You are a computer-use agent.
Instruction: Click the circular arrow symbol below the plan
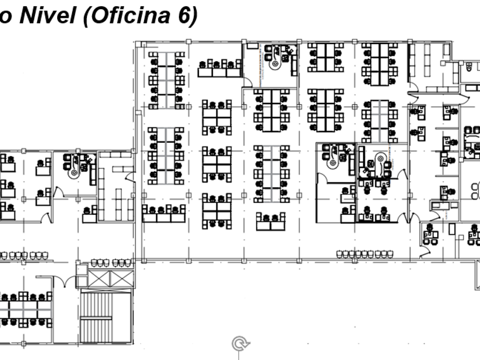click(x=241, y=344)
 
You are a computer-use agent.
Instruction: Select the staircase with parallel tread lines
click(x=106, y=317)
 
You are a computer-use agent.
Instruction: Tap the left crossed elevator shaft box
click(x=96, y=279)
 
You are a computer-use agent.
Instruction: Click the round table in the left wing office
click(x=73, y=171)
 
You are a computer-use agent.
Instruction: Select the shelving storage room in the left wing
click(x=115, y=186)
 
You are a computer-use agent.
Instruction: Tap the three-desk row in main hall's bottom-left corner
click(x=164, y=213)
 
